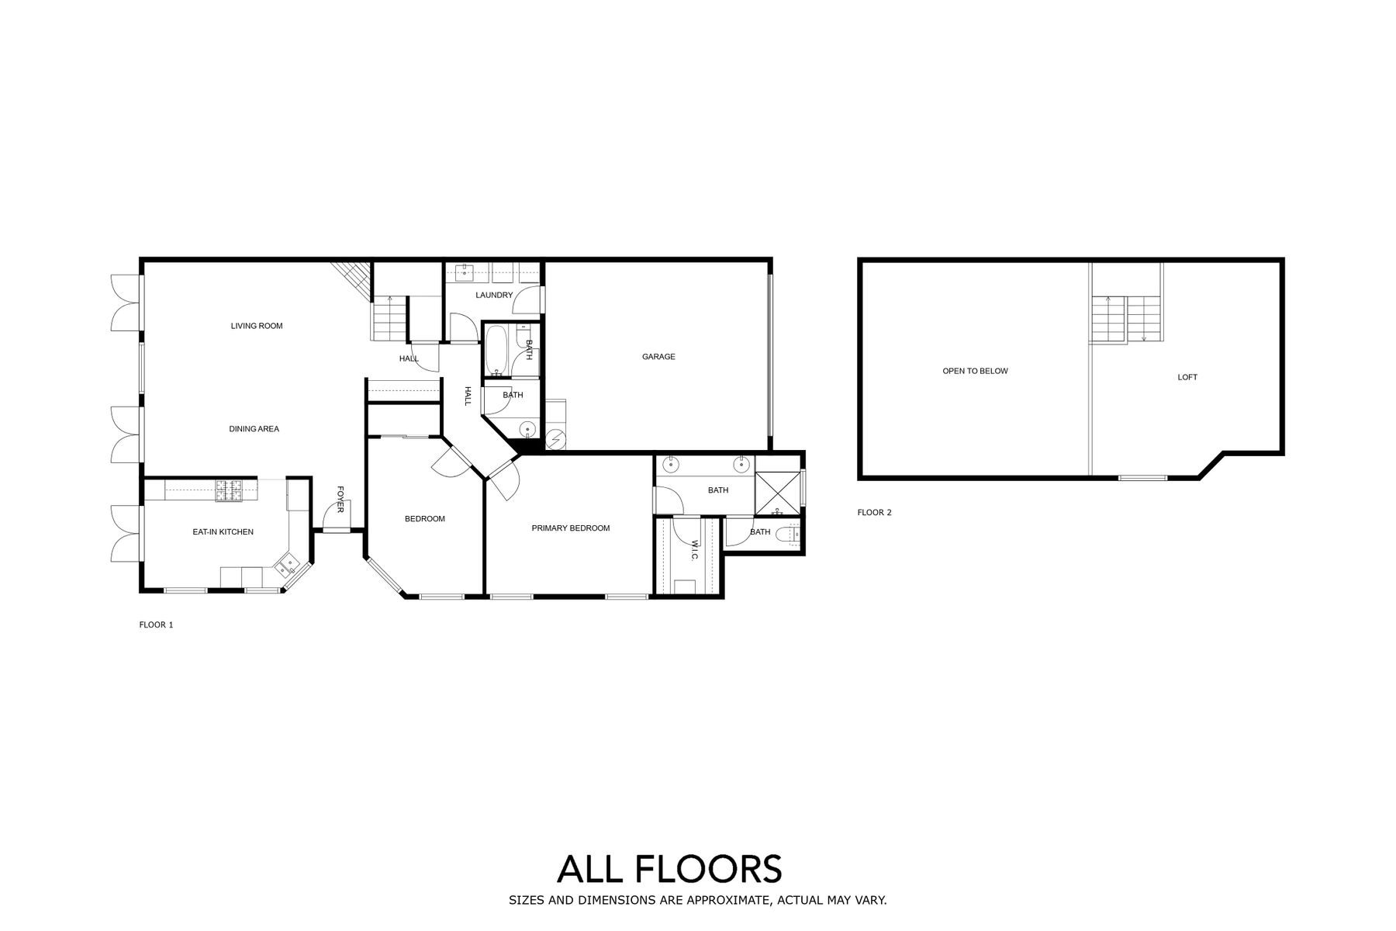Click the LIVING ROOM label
(x=257, y=326)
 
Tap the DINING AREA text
(x=254, y=429)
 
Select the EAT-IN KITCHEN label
(x=223, y=532)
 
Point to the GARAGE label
(x=658, y=357)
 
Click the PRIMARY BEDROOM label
(x=571, y=528)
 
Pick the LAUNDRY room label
(x=494, y=296)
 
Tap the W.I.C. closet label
(x=695, y=552)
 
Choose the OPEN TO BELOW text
(x=975, y=372)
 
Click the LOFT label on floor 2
(x=1187, y=378)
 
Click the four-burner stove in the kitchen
(x=230, y=490)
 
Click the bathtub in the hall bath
(x=496, y=351)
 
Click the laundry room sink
(x=465, y=272)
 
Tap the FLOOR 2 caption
(x=874, y=513)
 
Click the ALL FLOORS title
(x=669, y=869)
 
